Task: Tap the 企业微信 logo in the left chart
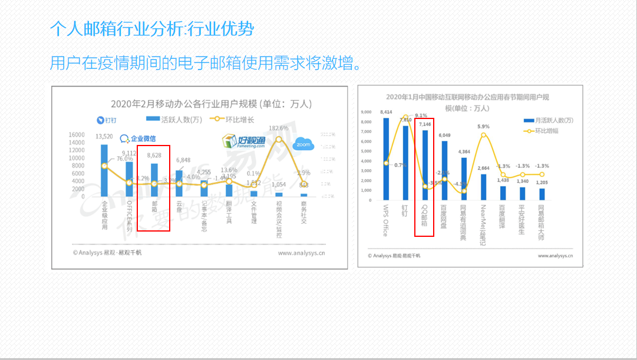138,139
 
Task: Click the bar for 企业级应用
104,171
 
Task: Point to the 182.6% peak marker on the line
279,138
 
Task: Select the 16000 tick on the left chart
77,135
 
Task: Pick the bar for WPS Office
386,159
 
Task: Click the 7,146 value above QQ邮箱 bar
424,124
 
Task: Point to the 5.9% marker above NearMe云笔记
484,135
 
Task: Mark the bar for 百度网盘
444,171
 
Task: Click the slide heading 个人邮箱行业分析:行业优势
152,28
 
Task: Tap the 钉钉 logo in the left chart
107,120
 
